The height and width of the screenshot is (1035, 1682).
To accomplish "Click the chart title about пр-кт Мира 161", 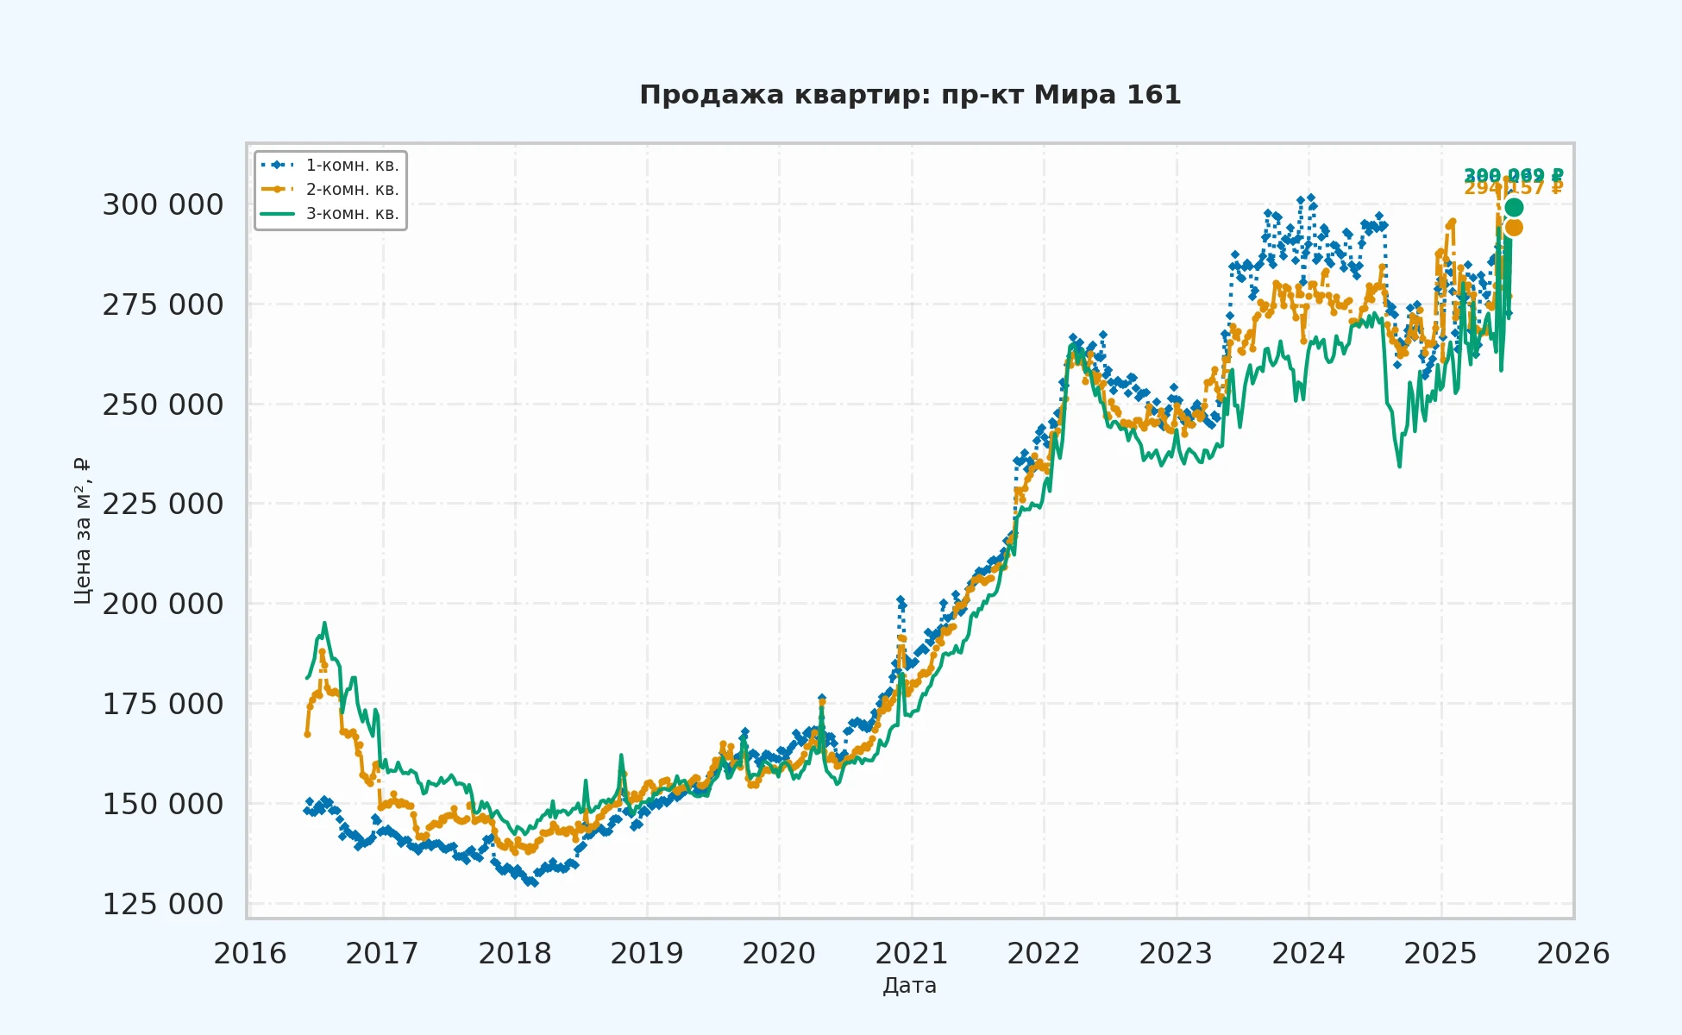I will pyautogui.click(x=910, y=95).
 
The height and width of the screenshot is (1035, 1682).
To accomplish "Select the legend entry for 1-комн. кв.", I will pyautogui.click(x=352, y=166).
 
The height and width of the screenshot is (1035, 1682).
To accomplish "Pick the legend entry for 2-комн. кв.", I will pyautogui.click(x=352, y=190).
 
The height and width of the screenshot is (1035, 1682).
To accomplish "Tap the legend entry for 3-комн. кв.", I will pyautogui.click(x=352, y=214).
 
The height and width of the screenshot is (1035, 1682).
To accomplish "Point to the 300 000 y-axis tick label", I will pyautogui.click(x=163, y=205).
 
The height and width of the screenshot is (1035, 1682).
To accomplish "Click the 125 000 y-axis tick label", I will pyautogui.click(x=163, y=904).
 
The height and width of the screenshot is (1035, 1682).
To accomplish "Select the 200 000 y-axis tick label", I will pyautogui.click(x=163, y=604).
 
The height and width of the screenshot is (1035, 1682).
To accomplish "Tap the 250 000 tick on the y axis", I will pyautogui.click(x=163, y=405).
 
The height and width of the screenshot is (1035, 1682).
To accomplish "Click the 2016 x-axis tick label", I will pyautogui.click(x=250, y=954).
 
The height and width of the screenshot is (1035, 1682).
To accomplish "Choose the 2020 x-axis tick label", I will pyautogui.click(x=779, y=954).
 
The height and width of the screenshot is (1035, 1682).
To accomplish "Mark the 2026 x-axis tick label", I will pyautogui.click(x=1573, y=954).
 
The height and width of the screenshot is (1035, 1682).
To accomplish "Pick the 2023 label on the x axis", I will pyautogui.click(x=1176, y=954).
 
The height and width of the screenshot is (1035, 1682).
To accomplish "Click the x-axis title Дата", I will pyautogui.click(x=909, y=986).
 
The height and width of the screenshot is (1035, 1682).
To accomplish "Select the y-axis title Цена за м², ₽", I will pyautogui.click(x=83, y=530).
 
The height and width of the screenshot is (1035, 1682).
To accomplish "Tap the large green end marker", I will pyautogui.click(x=1514, y=207).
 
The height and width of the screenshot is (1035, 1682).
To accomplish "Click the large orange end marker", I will pyautogui.click(x=1514, y=228).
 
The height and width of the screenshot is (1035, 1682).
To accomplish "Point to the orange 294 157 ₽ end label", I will pyautogui.click(x=1514, y=189).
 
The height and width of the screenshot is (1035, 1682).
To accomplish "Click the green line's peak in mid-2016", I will pyautogui.click(x=324, y=623).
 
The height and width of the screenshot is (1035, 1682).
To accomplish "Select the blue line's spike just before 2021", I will pyautogui.click(x=900, y=599).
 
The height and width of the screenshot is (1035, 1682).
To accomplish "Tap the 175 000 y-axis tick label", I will pyautogui.click(x=163, y=704).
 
